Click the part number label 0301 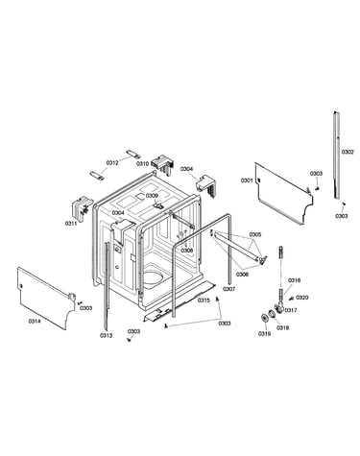[x=247, y=180]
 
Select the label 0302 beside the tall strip [x=348, y=152]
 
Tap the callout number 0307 [x=228, y=289]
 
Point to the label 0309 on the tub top [x=152, y=196]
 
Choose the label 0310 [x=142, y=163]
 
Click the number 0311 [x=71, y=224]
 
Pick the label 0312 [x=112, y=163]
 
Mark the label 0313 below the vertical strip [x=106, y=335]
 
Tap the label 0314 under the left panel [x=35, y=322]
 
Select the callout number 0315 [x=204, y=300]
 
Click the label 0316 [x=294, y=280]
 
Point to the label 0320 [x=302, y=298]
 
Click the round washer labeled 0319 [x=265, y=318]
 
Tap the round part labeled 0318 [x=272, y=314]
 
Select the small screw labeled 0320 [x=292, y=299]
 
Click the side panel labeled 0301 [x=284, y=193]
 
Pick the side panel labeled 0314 [x=46, y=298]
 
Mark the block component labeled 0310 [x=163, y=163]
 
